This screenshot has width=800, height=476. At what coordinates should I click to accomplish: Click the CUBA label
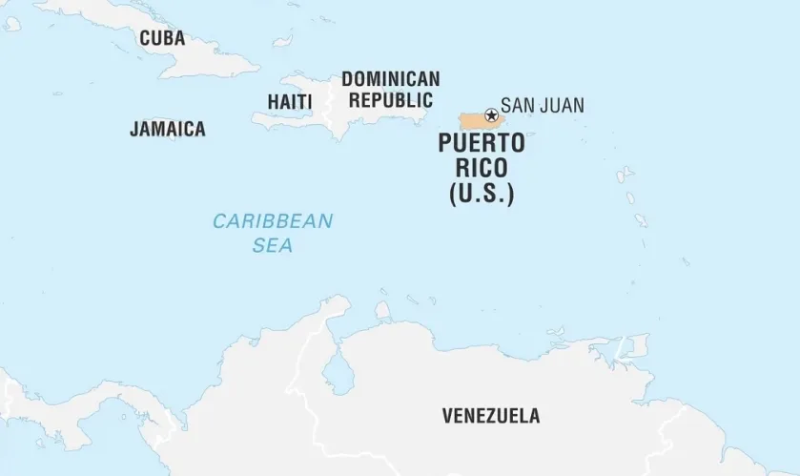click(162, 39)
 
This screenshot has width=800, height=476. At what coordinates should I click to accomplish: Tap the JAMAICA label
click(168, 129)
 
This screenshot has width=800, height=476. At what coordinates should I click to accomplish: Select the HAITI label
click(289, 100)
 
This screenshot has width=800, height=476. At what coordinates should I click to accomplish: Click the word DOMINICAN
click(390, 79)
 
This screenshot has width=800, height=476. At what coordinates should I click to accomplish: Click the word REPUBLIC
click(390, 99)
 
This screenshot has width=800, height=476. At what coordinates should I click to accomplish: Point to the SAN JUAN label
click(542, 106)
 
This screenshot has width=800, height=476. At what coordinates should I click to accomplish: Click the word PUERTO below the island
click(482, 145)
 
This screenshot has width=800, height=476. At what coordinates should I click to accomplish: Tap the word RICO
click(482, 169)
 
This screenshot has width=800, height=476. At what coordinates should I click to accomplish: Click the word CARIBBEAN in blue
click(273, 221)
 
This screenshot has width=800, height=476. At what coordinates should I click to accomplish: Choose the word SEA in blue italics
click(273, 245)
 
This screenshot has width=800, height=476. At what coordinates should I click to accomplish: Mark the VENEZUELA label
click(490, 416)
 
